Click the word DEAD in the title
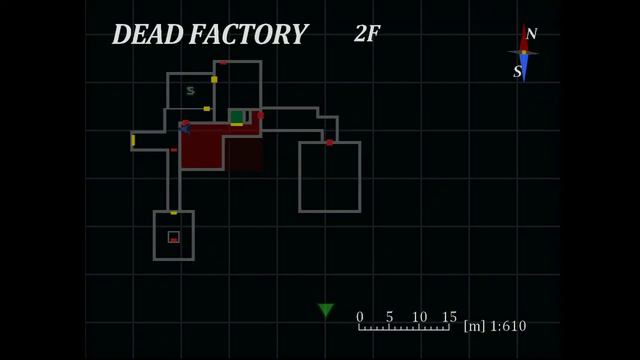pos(147,34)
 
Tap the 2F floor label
pos(367,33)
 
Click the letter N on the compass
pos(531,33)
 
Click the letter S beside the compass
pos(518,71)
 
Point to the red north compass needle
pos(524,38)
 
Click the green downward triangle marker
pos(326,310)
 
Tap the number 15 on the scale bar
pos(449,317)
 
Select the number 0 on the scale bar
pos(360,317)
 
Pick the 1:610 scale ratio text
pos(508,326)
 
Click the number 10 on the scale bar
pos(419,317)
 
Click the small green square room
pos(237,117)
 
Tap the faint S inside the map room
pos(190,91)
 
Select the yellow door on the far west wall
pos(133,140)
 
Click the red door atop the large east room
pos(329,142)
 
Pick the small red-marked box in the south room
pos(173,237)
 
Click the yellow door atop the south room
pos(173,213)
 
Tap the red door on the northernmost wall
pos(223,62)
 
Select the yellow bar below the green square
pos(237,124)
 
